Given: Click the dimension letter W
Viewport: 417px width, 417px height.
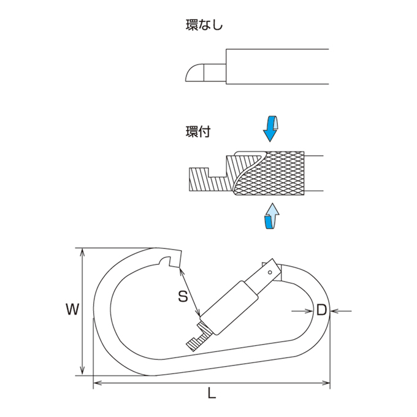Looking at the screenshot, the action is tap(72, 309).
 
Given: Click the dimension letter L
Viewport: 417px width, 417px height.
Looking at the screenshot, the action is tap(212, 392).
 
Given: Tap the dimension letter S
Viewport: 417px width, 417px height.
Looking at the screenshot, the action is tap(183, 296).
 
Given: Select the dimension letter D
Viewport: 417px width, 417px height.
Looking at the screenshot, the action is tap(321, 310).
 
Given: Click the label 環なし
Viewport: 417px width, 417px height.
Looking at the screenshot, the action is tap(204, 25).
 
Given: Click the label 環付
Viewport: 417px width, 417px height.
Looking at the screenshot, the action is tap(198, 132).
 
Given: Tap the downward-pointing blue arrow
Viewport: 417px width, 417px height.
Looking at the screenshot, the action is tap(270, 129).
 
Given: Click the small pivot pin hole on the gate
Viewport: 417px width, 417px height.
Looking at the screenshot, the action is tap(270, 272).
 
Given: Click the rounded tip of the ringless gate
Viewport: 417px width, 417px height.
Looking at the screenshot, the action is tap(194, 72).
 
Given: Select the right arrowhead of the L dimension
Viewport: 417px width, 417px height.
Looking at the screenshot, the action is tap(326, 383).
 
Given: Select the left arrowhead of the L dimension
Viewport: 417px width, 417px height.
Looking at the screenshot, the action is tap(98, 383).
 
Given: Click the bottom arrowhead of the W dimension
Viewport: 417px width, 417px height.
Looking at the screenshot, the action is tap(83, 371).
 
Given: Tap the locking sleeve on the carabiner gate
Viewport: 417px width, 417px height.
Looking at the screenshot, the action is tap(229, 308).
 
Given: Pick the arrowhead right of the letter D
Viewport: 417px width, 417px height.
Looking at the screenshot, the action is tap(334, 311).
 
